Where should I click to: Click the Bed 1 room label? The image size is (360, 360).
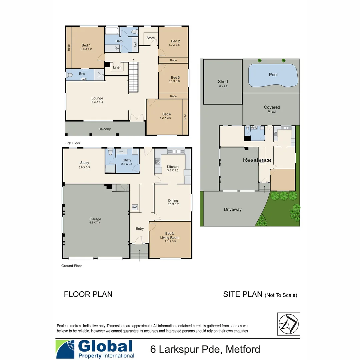86,45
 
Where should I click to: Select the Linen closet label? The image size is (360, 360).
117,67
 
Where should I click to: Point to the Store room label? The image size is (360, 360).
151,38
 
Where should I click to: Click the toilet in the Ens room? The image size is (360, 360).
70,75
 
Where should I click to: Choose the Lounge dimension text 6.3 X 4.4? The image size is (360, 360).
97,102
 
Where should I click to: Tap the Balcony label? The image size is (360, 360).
105,129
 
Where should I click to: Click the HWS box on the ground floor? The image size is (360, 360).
135,207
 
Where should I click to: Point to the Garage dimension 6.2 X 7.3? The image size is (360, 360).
95,223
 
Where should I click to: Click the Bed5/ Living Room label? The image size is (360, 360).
170,236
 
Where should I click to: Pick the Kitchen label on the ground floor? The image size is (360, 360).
173,167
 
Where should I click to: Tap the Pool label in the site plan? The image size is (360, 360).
273,75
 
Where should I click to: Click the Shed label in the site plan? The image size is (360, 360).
223,81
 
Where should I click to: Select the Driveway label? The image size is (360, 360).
233,209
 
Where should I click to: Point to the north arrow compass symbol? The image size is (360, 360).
288,324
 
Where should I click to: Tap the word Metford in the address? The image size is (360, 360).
243,349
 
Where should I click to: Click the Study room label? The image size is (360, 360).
84,163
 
